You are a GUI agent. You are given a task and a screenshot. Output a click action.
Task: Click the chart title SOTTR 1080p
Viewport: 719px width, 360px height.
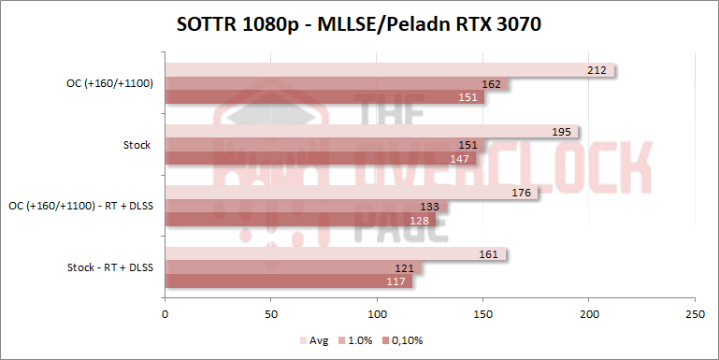point(359,25)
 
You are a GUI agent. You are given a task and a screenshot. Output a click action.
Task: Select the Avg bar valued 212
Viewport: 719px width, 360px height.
point(388,70)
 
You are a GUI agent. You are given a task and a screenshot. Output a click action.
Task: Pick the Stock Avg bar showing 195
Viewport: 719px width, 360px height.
point(371,132)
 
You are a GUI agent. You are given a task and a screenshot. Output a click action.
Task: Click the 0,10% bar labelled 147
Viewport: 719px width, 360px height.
point(321,159)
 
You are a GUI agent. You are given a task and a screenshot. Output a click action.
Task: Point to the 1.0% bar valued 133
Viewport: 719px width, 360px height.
point(306,207)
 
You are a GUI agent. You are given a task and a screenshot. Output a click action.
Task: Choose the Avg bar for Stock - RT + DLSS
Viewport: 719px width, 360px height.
point(335,253)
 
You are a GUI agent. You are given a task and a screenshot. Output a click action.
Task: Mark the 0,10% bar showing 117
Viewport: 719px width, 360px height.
point(289,281)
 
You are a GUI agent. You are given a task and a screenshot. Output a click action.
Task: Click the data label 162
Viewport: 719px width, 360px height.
point(491,84)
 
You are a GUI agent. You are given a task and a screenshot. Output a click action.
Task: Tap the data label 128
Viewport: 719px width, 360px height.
point(418,221)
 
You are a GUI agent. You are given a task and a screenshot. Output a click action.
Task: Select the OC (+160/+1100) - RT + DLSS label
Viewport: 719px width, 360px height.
point(80,206)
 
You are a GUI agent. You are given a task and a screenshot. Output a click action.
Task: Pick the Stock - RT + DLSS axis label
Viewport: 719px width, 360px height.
point(109,267)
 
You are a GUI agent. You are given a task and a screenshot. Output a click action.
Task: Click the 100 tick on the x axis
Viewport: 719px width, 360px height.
point(377,314)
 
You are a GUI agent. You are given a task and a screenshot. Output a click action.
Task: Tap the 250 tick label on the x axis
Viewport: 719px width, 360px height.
point(694,314)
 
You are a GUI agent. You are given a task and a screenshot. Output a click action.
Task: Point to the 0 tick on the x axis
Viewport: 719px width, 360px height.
point(165,314)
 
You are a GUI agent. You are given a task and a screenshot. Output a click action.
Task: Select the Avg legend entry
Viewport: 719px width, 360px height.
point(314,340)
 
